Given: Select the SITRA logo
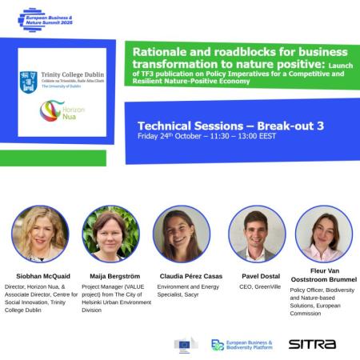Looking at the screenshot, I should pyautogui.click(x=311, y=344).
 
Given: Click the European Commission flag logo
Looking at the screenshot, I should pyautogui.click(x=186, y=345).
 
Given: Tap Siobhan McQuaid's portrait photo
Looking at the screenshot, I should pyautogui.click(x=39, y=234).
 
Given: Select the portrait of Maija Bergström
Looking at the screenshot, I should pyautogui.click(x=111, y=234).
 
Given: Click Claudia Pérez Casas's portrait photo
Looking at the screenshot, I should pyautogui.click(x=181, y=234).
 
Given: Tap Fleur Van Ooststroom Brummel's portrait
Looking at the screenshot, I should pyautogui.click(x=323, y=234).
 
